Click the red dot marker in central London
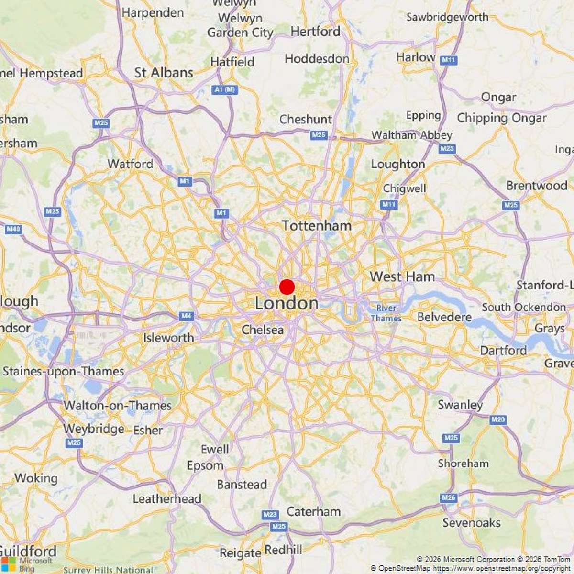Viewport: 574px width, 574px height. [287, 287]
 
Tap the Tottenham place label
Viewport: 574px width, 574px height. [317, 226]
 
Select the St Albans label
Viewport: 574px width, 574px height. [164, 73]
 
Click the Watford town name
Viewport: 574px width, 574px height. [130, 164]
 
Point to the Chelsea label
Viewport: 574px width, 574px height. [263, 330]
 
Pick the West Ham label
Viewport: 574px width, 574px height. [402, 276]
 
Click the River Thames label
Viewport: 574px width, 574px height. [386, 313]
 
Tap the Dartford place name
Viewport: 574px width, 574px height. [503, 350]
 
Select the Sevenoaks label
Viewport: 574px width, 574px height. [471, 523]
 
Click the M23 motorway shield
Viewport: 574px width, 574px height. [270, 515]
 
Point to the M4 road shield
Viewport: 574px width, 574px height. [186, 316]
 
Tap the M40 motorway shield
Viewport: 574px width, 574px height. [13, 230]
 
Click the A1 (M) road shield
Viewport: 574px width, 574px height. [224, 89]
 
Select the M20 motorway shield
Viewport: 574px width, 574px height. [497, 419]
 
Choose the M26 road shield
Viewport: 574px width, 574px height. [449, 498]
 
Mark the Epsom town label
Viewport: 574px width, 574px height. [205, 465]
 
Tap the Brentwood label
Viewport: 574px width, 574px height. [537, 186]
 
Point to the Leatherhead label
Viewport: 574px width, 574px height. [166, 499]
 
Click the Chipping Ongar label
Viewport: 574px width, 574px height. [502, 118]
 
